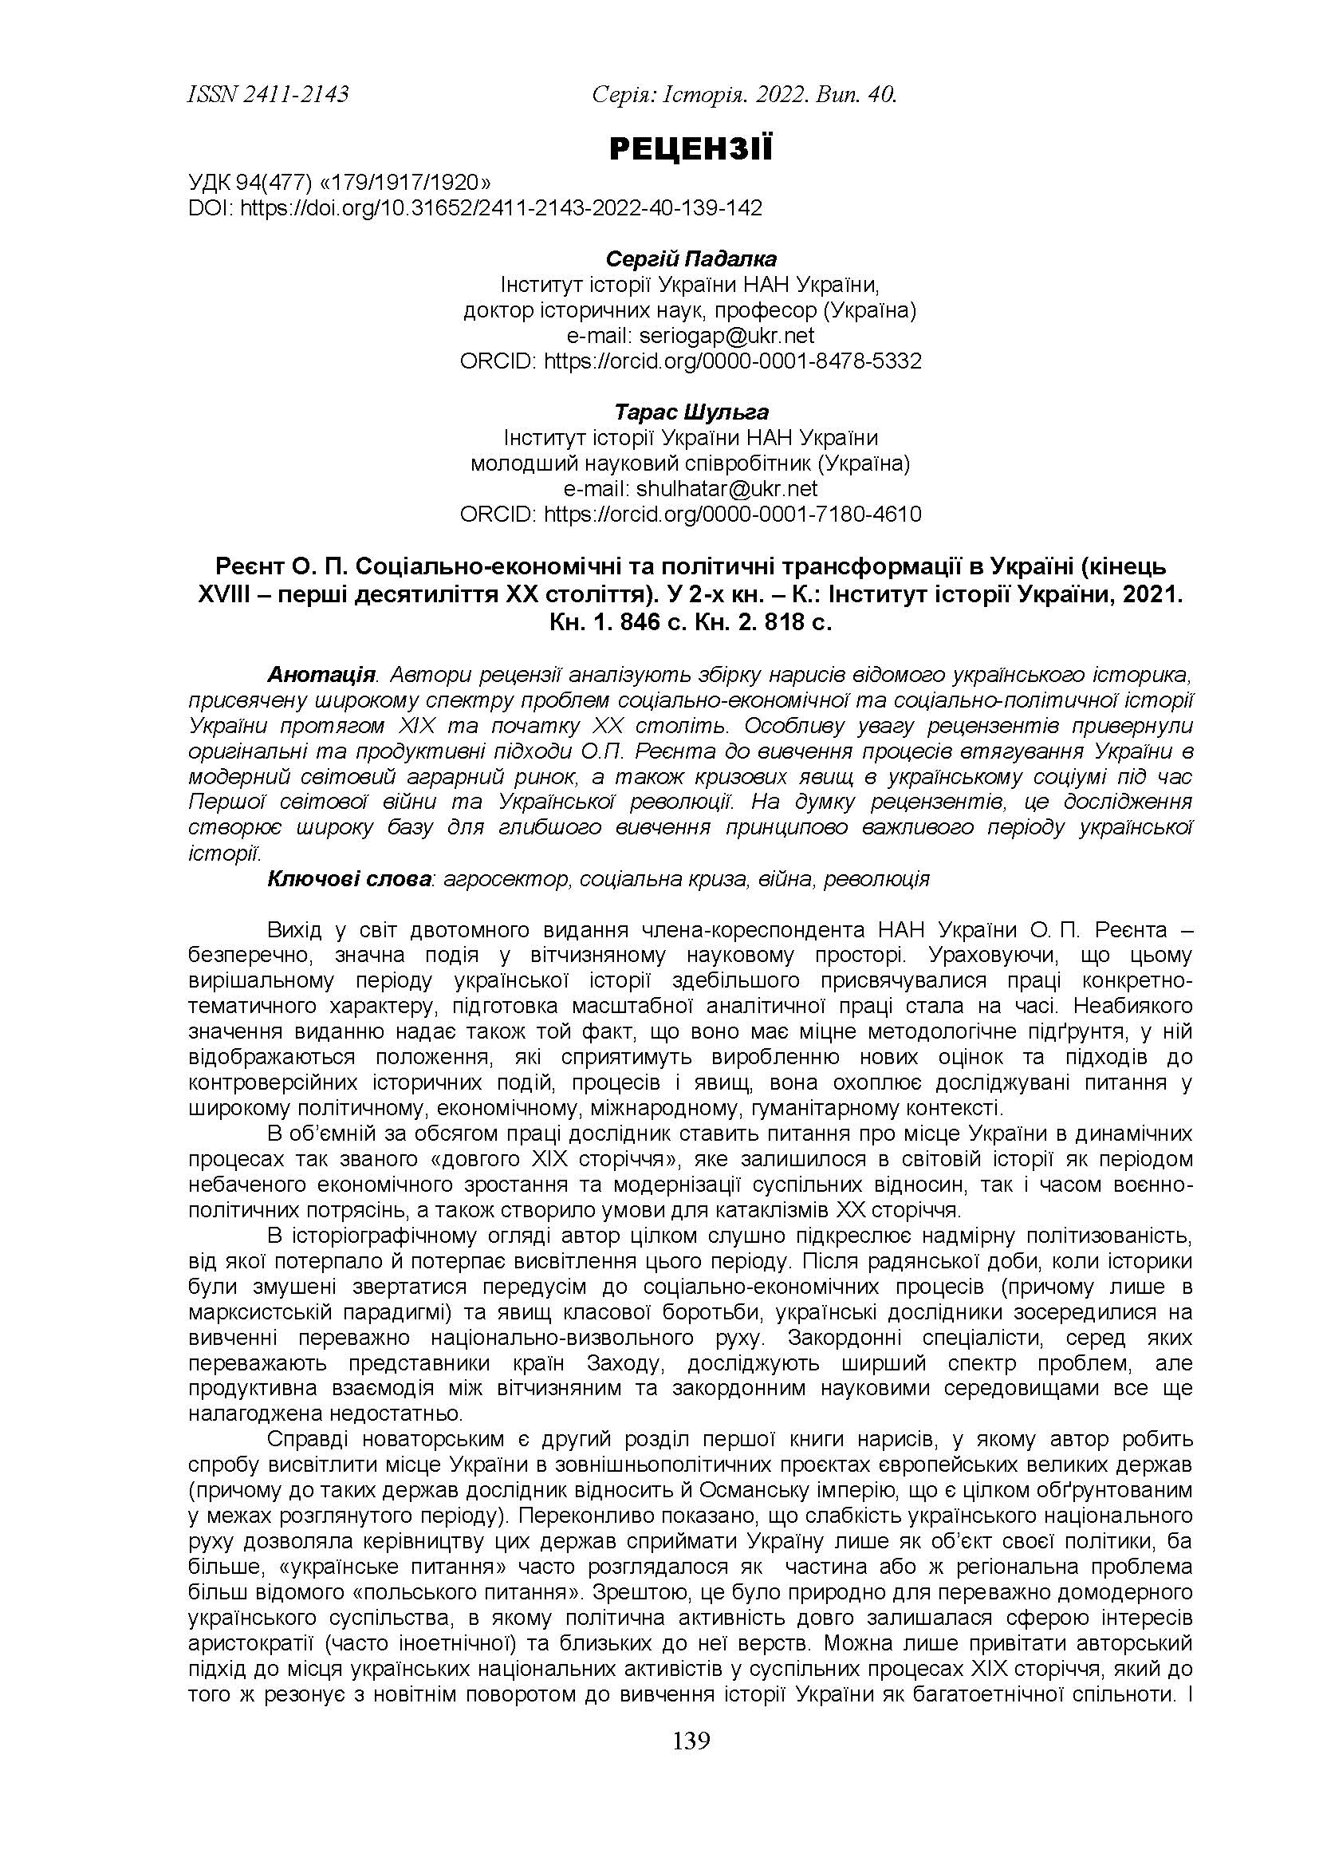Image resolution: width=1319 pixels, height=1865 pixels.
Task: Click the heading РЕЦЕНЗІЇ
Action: (x=691, y=149)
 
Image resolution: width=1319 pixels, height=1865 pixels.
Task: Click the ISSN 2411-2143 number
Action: (x=268, y=95)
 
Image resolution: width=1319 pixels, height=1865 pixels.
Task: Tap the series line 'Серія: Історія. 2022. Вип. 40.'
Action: (x=744, y=95)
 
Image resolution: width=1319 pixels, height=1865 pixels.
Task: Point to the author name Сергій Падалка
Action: (x=691, y=259)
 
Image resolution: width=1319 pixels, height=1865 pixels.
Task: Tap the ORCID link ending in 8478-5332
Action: (x=732, y=361)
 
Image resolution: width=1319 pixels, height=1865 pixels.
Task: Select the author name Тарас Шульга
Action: (x=691, y=412)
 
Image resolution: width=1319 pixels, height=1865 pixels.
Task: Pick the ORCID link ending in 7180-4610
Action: (x=732, y=515)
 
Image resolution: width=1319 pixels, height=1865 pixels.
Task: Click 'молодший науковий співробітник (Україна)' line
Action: (x=691, y=463)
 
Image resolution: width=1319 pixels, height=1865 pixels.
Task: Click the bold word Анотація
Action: (x=321, y=675)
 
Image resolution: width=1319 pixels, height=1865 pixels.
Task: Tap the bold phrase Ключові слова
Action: (x=349, y=880)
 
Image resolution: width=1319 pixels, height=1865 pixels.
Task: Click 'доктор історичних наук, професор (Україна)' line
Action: (x=691, y=310)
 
